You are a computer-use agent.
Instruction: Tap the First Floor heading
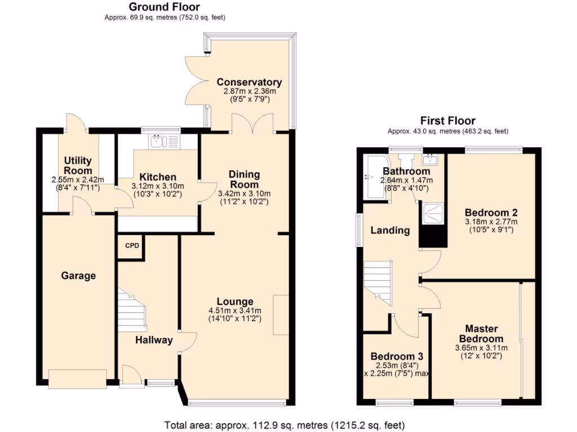pos(447,120)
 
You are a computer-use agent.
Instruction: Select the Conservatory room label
pos(249,82)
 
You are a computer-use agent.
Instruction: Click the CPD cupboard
pos(131,246)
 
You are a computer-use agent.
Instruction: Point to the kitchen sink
pos(157,140)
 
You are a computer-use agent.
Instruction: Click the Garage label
pos(78,276)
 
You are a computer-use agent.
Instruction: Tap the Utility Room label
pos(78,166)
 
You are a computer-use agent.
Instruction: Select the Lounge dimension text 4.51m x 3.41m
pos(234,310)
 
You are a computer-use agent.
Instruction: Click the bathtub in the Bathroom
pos(372,177)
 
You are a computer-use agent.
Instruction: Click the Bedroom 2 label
pos(491,213)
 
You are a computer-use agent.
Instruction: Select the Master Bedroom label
pos(481,334)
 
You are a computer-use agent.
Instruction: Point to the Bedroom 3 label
pos(397,357)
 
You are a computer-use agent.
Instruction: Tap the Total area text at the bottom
pos(284,425)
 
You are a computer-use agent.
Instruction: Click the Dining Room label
pos(244,179)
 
